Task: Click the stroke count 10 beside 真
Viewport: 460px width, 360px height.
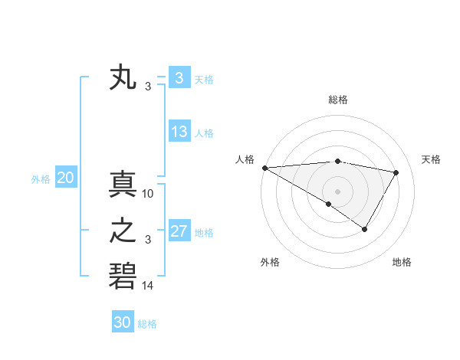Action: (148, 194)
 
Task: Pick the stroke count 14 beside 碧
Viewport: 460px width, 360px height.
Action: (148, 286)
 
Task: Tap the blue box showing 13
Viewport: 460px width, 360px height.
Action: (179, 132)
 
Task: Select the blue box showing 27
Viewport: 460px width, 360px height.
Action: (179, 231)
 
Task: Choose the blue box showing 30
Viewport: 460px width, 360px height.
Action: (123, 322)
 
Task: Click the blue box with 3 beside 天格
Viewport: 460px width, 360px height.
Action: (179, 78)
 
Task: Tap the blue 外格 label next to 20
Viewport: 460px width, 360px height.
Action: (41, 179)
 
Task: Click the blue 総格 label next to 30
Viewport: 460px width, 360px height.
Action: (147, 323)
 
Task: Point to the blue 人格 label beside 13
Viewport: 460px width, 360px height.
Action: (204, 133)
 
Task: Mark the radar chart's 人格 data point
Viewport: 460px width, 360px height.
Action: (264, 168)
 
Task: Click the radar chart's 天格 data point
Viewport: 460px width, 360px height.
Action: (396, 172)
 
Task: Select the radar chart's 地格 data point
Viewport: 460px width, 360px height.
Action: (365, 229)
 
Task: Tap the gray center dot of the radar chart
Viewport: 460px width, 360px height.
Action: (337, 191)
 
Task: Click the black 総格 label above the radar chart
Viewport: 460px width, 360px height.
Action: (337, 100)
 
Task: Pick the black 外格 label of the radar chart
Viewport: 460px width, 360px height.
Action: (270, 262)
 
